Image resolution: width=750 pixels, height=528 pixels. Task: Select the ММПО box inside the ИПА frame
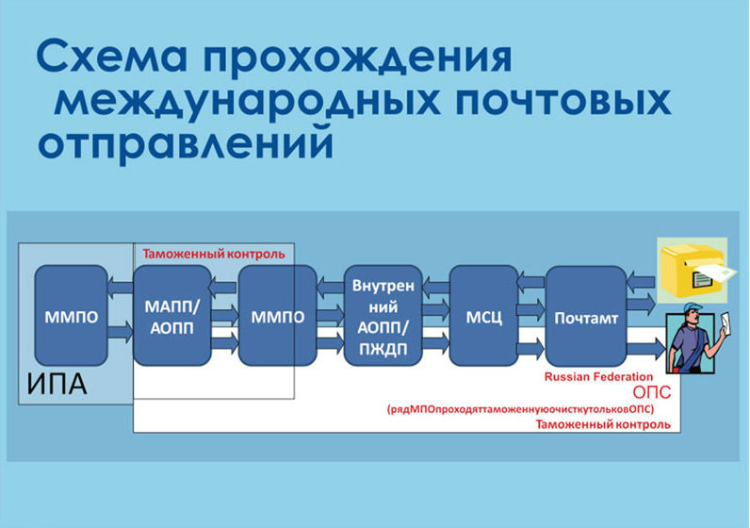[x=72, y=316]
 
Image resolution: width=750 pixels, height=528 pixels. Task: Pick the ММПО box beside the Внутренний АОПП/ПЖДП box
[x=276, y=316]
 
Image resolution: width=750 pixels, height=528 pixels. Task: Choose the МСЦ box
[x=484, y=316]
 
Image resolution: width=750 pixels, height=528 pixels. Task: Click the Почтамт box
[x=586, y=318]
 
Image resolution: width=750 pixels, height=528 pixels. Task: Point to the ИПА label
[x=57, y=384]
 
